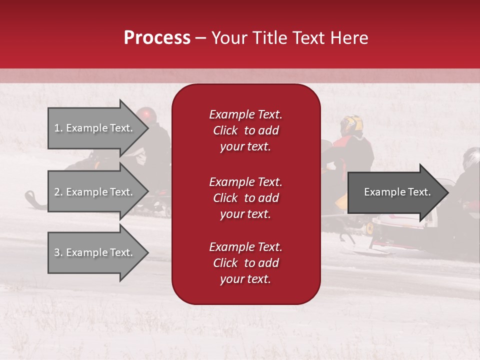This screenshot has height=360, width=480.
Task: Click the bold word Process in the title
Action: (157, 37)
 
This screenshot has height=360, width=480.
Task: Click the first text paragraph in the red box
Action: (245, 130)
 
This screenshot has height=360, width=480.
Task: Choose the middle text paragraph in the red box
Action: (245, 198)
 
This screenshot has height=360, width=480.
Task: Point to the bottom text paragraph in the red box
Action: (245, 263)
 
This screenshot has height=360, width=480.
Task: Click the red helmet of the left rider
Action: (147, 115)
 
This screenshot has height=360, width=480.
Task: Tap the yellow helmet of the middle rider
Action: (352, 125)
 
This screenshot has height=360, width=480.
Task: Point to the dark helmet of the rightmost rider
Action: (471, 158)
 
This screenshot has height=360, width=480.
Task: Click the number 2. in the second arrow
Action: (58, 192)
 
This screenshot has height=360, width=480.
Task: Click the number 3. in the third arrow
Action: (58, 252)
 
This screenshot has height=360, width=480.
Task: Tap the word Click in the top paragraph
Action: (225, 130)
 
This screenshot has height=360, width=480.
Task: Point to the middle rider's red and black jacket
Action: (356, 152)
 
